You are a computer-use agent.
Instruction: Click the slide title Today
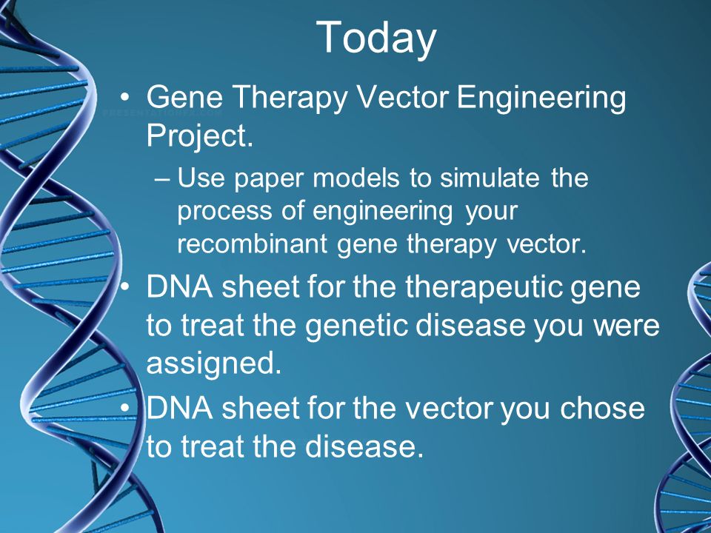pos(376,38)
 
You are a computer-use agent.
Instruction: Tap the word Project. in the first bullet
pos(199,136)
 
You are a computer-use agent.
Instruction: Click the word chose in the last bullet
pos(601,408)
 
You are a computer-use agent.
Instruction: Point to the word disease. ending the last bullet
pos(364,446)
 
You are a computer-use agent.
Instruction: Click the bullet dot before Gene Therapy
pos(125,98)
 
